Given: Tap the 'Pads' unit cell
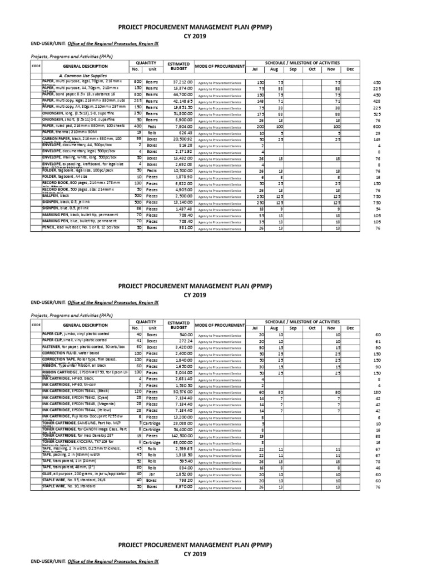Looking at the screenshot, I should pyautogui.click(x=151, y=126).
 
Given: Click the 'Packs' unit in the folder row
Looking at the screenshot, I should pyautogui.click(x=151, y=170).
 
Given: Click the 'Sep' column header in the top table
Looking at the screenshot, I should pyautogui.click(x=292, y=69).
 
